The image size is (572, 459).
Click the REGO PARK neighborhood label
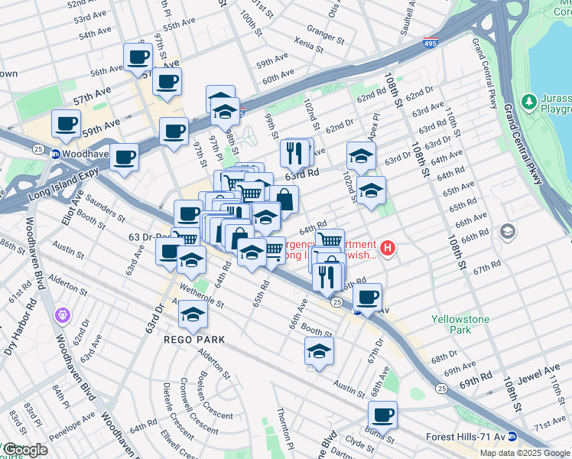point(193,339)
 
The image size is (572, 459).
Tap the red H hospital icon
point(388,248)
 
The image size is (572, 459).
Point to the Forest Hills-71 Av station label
point(466,438)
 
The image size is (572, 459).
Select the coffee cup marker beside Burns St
point(382,415)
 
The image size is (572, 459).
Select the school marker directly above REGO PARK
point(193,314)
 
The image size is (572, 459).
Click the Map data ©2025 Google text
point(524,453)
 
